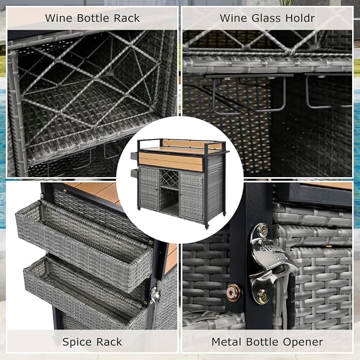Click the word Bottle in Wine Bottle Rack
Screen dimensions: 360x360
click(93, 18)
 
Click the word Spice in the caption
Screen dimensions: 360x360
click(77, 343)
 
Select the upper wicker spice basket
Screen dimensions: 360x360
click(84, 243)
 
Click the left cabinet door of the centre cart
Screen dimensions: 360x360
click(149, 188)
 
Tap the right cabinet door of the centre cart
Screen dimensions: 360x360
click(192, 196)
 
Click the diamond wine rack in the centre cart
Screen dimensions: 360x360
click(170, 178)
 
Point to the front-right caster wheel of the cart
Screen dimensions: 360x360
click(207, 227)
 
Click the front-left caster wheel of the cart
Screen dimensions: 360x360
click(139, 209)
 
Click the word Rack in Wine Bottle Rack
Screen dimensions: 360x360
click(127, 18)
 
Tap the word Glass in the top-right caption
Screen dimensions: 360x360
click(266, 18)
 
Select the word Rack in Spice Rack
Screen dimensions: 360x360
click(109, 342)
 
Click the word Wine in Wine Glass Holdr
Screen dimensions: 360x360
click(233, 18)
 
